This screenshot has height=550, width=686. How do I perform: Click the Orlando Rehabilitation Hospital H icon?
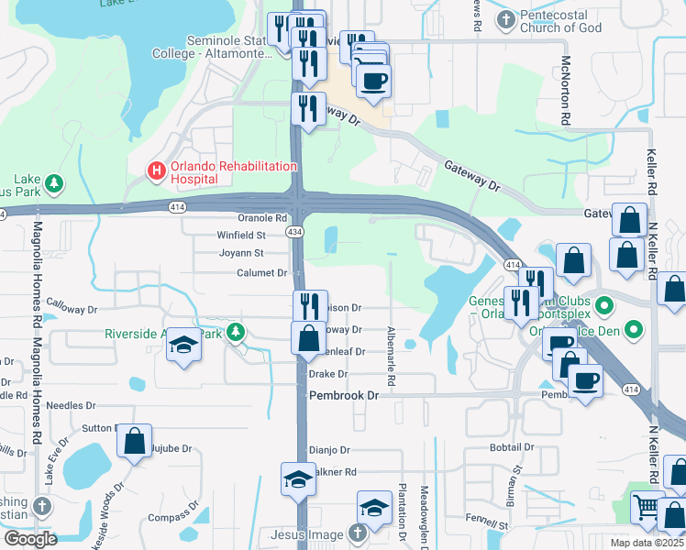point(157,170)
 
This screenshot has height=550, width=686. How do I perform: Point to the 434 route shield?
point(294,233)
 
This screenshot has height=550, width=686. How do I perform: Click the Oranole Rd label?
point(262,218)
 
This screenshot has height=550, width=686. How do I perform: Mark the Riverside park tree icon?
point(237,332)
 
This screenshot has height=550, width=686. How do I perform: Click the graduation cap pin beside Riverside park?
point(183,346)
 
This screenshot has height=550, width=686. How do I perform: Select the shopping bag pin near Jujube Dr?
point(135,442)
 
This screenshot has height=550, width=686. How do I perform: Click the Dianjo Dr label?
point(329,450)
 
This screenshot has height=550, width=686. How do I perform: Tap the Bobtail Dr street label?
point(511,447)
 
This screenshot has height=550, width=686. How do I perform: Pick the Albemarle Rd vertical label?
point(391,348)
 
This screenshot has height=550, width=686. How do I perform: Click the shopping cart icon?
point(647,507)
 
